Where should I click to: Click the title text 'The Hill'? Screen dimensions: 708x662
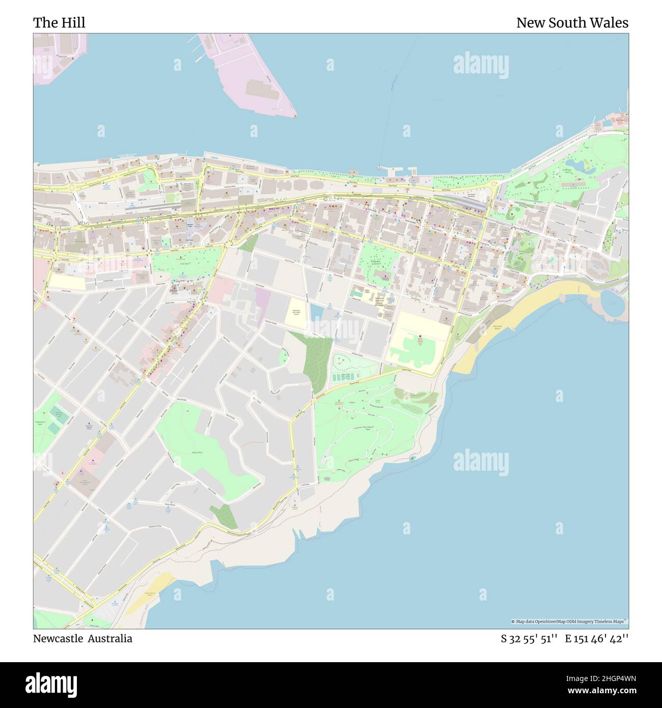click(59, 23)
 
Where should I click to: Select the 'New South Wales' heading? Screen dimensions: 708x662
click(572, 23)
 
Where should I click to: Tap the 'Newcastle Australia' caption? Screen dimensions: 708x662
click(82, 639)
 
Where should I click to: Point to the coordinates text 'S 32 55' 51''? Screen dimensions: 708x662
click(529, 639)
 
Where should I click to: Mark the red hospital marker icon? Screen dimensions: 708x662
click(421, 337)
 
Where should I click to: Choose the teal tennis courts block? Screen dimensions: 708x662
click(344, 378)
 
